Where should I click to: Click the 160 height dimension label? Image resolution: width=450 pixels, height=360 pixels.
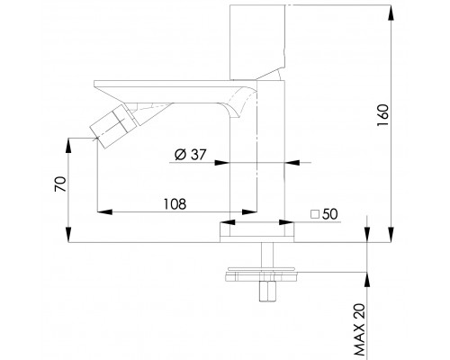(x=382, y=115)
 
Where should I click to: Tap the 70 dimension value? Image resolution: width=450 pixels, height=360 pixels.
(x=60, y=184)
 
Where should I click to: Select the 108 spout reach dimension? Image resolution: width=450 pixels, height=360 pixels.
(x=175, y=204)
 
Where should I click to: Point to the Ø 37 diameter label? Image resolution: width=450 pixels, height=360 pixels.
(x=191, y=155)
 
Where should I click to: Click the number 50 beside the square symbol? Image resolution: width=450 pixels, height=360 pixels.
(x=329, y=214)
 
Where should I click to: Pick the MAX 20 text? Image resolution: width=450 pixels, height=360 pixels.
(x=359, y=329)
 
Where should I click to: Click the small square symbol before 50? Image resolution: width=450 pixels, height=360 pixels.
(x=315, y=214)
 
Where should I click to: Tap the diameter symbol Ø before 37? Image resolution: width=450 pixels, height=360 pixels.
(x=181, y=155)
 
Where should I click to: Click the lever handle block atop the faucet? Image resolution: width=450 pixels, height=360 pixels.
(x=257, y=42)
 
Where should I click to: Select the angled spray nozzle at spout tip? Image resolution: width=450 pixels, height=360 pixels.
(x=110, y=125)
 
